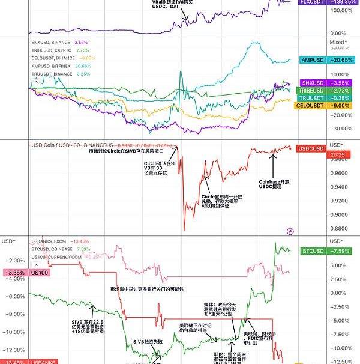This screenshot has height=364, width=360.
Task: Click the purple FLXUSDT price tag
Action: pos(307,3)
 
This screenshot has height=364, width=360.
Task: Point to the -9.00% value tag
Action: pos(340,106)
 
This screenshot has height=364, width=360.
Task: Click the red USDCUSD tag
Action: pos(310,148)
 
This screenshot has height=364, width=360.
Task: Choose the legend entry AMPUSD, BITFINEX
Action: pos(52,66)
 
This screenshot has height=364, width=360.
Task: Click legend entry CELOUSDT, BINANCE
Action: pos(52,58)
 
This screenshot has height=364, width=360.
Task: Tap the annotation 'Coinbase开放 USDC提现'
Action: pos(274,184)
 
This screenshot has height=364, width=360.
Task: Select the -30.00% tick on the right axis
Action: pos(340,129)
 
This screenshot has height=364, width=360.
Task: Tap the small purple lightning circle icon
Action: pos(291,231)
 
